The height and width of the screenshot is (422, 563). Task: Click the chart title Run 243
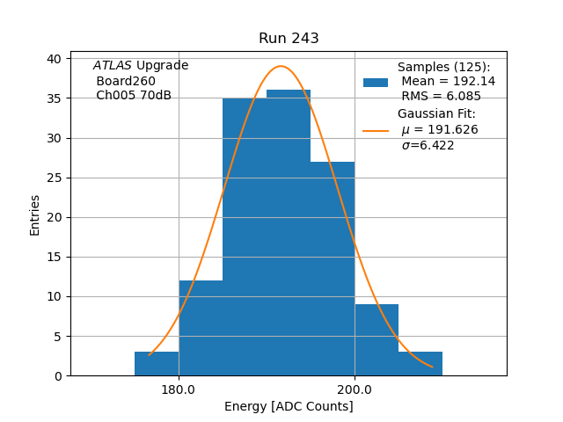pos(289,39)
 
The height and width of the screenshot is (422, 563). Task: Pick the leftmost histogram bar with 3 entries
pos(157,364)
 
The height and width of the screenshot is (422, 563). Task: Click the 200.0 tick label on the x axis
pos(355,389)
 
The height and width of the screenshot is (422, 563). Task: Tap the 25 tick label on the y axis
pos(55,178)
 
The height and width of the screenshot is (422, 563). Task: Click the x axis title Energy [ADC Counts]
pos(289,406)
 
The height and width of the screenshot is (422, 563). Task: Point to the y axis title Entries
pos(35,215)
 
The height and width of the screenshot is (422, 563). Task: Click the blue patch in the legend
pos(376,83)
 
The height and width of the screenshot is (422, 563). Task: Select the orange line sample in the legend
pos(376,131)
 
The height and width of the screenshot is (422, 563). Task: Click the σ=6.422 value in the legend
pos(428,146)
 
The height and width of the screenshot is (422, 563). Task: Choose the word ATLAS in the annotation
pos(112,66)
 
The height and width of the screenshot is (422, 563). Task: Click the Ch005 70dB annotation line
pos(133,95)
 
